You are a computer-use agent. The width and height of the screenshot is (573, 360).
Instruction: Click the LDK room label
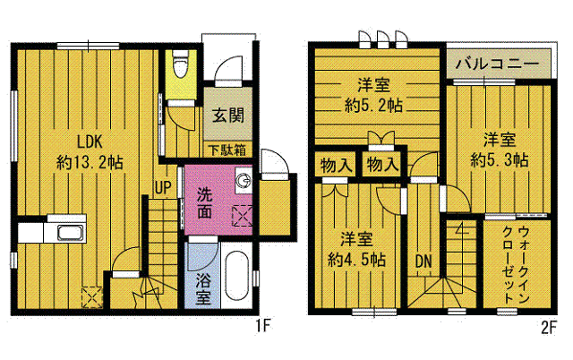click(90, 141)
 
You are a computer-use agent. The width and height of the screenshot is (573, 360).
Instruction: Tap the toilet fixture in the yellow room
click(179, 64)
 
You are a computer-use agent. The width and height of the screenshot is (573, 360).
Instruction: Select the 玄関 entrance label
click(228, 116)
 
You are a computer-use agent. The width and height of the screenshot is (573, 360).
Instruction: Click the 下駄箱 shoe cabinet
click(227, 150)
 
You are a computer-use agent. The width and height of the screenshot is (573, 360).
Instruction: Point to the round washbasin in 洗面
click(243, 180)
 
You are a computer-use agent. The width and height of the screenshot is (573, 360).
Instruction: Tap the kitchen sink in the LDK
click(71, 233)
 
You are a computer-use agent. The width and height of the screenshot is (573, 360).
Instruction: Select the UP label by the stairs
click(163, 187)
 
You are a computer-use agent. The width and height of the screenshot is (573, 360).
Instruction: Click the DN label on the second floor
click(423, 261)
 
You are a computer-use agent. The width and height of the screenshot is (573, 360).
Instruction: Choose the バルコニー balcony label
click(497, 64)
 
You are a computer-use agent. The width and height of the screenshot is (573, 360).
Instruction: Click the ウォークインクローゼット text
click(516, 264)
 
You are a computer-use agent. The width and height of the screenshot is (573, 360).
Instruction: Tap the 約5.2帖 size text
click(373, 106)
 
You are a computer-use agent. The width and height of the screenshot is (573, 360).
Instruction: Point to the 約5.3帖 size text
click(500, 159)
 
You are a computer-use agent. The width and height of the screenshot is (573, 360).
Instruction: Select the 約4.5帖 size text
click(356, 260)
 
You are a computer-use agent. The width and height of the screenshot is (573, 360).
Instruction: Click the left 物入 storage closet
click(336, 165)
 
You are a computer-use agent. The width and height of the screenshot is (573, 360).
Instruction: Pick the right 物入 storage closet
click(382, 164)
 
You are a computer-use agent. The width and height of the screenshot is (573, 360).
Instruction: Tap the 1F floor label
click(262, 326)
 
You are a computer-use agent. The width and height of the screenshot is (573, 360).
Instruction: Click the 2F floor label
click(548, 327)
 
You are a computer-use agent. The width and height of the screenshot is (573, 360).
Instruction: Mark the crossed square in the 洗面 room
click(243, 216)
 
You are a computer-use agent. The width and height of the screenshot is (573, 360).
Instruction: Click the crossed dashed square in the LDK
click(91, 296)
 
